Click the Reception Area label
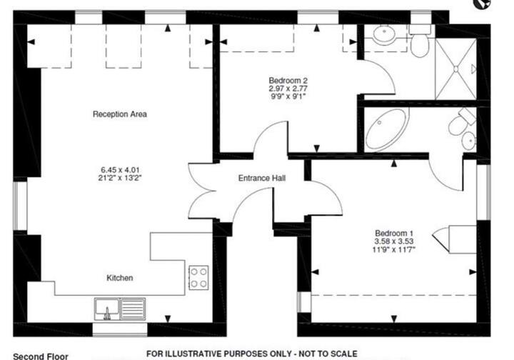click(120, 114)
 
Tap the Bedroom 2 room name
click(288, 80)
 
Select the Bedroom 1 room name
click(393, 233)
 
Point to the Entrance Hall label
click(262, 178)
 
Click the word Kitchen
click(120, 278)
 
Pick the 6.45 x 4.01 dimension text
click(121, 170)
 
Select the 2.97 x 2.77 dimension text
click(288, 89)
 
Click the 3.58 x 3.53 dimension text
click(393, 241)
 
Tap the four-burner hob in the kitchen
click(198, 277)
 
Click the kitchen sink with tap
click(107, 309)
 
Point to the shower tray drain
click(455, 69)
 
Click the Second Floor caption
click(41, 356)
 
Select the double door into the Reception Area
click(202, 191)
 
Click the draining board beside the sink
click(133, 309)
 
